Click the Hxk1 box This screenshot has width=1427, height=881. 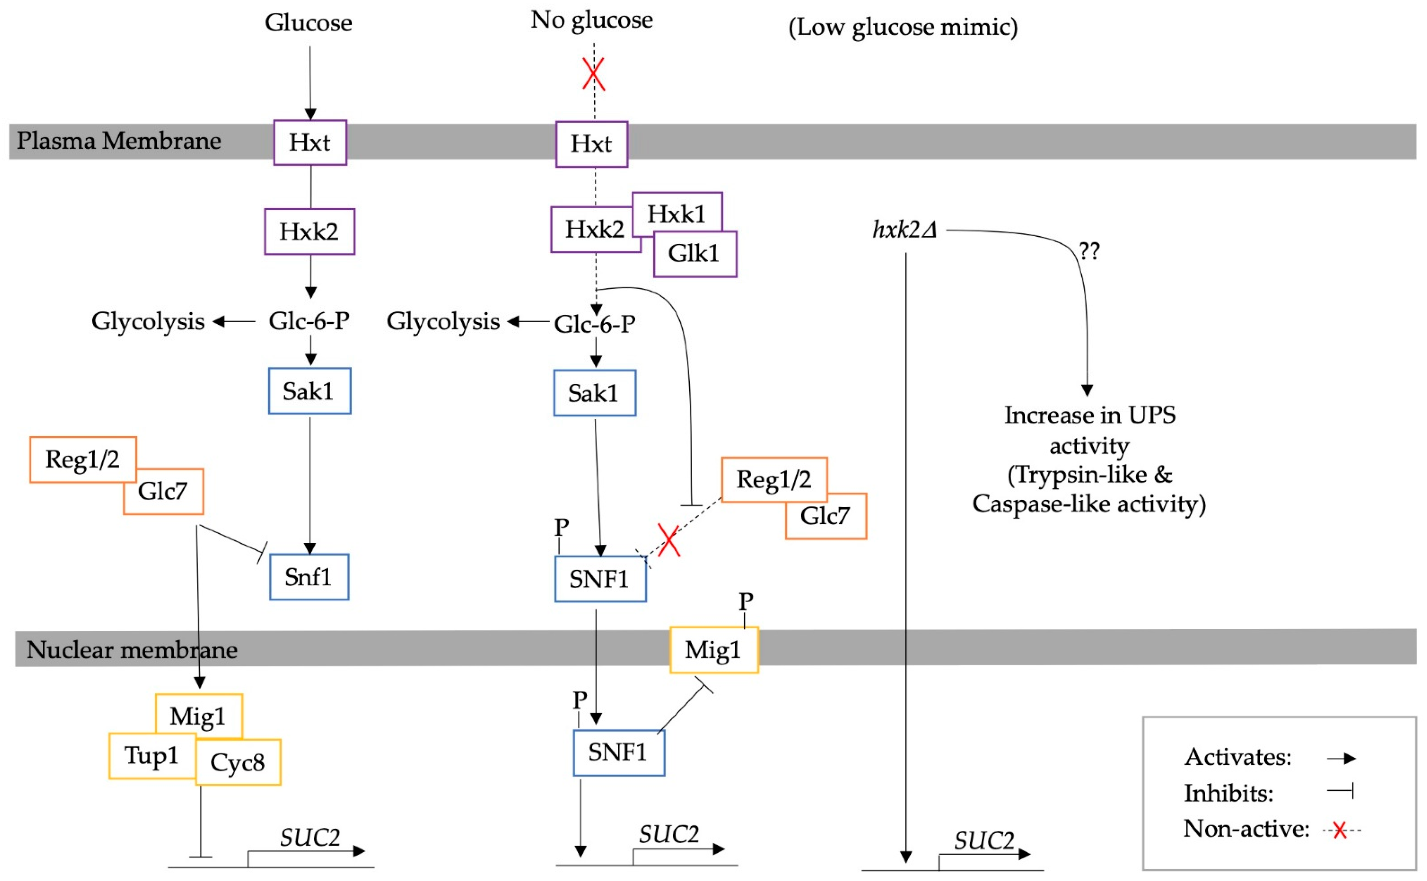677,214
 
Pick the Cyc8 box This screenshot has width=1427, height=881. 238,762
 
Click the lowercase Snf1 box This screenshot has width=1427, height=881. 309,577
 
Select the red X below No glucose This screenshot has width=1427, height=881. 594,74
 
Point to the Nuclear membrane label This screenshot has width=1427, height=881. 132,650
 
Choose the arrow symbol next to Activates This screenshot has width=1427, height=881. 1341,758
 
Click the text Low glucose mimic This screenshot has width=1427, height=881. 903,27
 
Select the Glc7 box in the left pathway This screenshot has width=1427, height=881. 163,491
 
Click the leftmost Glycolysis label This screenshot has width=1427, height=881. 148,321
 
